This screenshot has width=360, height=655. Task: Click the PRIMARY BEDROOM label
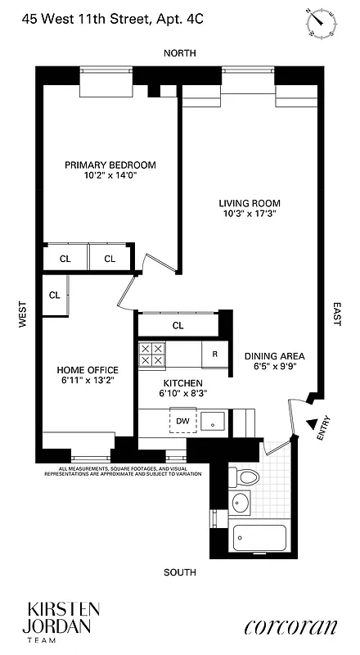110,165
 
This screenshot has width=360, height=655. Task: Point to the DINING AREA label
275,356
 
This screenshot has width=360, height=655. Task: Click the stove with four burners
151,354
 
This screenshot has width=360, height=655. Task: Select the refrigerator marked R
214,355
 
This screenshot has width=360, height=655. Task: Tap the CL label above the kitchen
178,325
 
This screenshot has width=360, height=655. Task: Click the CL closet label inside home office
54,296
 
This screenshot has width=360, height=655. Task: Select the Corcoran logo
290,627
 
